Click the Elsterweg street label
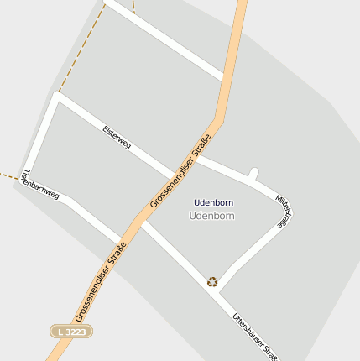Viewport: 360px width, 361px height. [x=117, y=138]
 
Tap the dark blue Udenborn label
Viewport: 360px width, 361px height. [x=213, y=202]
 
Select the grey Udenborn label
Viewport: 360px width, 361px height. [x=211, y=216]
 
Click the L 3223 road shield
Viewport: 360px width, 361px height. [x=71, y=332]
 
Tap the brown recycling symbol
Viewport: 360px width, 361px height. [x=212, y=282]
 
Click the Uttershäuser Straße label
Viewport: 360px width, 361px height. [x=256, y=335]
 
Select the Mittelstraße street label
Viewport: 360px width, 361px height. [x=284, y=212]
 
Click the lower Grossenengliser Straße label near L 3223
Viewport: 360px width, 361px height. [x=100, y=282]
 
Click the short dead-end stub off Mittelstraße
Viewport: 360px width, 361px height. [x=253, y=175]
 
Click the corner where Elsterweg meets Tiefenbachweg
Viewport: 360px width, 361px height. [x=56, y=96]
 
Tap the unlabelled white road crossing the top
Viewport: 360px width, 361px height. [x=168, y=43]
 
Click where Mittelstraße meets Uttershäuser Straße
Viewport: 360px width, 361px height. [x=220, y=286]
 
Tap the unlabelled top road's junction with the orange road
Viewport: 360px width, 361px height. [x=227, y=77]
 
